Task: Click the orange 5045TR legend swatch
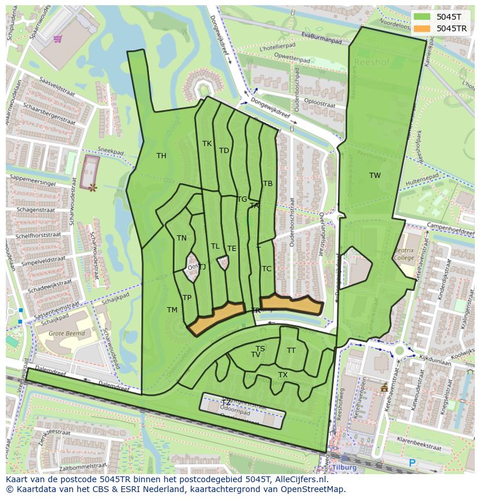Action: pos(422,28)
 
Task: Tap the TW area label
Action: pos(375,176)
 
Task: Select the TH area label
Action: pos(161,156)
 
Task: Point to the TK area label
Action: pos(207,144)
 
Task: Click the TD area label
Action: pos(224,151)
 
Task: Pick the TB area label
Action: pos(268,184)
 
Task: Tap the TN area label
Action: pos(181,238)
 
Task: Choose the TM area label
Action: pos(172,310)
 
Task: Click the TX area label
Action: pos(283,375)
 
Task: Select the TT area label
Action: pos(291,350)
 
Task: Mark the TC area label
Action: pos(267,269)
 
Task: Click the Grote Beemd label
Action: pos(67,334)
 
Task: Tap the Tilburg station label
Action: pos(344,468)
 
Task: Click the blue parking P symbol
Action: pos(412,462)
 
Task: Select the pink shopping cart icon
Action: pos(57,39)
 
